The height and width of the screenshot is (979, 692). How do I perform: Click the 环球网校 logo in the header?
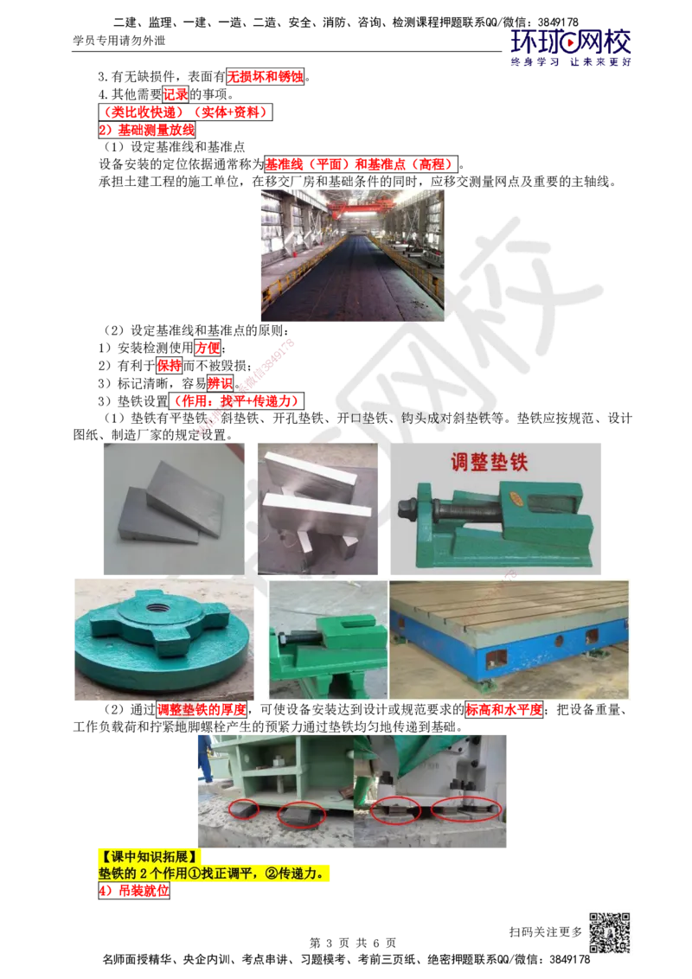click(570, 47)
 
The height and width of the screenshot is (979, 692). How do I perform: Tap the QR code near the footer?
click(610, 933)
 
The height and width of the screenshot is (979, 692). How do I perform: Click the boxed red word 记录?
click(176, 94)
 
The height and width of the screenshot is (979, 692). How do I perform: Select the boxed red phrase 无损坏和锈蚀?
click(265, 77)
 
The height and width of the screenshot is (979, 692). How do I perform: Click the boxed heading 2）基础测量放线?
click(147, 130)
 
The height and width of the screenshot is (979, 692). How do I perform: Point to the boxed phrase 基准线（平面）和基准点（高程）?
click(362, 164)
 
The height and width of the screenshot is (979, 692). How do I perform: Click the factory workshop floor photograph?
click(352, 256)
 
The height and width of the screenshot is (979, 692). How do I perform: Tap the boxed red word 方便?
click(208, 348)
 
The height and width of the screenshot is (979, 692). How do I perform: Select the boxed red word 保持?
click(169, 366)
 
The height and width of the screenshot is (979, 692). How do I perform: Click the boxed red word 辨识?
click(220, 383)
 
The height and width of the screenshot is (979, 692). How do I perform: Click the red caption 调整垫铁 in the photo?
click(489, 463)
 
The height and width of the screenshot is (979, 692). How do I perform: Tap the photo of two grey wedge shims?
click(174, 509)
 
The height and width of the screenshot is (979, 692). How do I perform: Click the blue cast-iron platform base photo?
click(509, 639)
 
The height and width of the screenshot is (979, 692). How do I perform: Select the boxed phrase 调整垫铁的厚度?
click(202, 710)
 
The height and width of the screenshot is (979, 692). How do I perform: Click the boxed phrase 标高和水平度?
click(504, 710)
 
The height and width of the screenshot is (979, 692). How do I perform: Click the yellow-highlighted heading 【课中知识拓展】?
click(148, 856)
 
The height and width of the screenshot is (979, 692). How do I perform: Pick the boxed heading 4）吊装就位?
click(134, 891)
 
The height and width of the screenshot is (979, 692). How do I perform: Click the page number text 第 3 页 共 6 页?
click(353, 943)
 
